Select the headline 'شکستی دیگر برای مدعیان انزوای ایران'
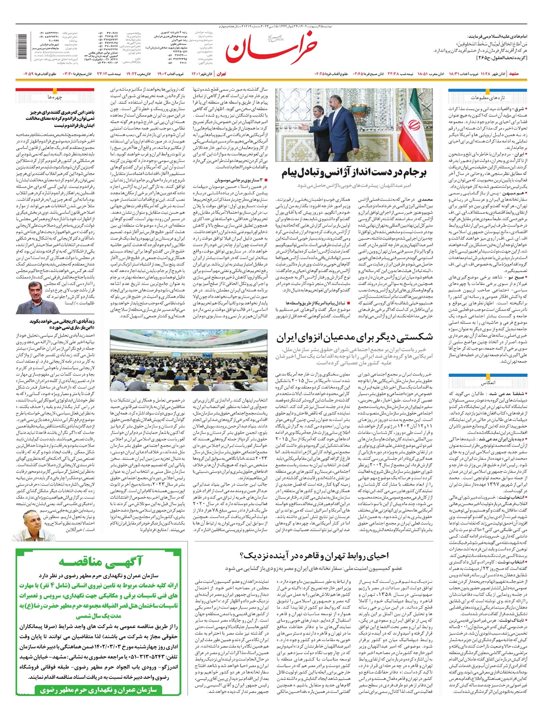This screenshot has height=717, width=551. [354, 337]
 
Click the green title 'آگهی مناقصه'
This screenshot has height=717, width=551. [101, 561]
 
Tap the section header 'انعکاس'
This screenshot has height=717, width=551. [487, 382]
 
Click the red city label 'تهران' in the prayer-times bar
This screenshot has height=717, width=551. [221, 74]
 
